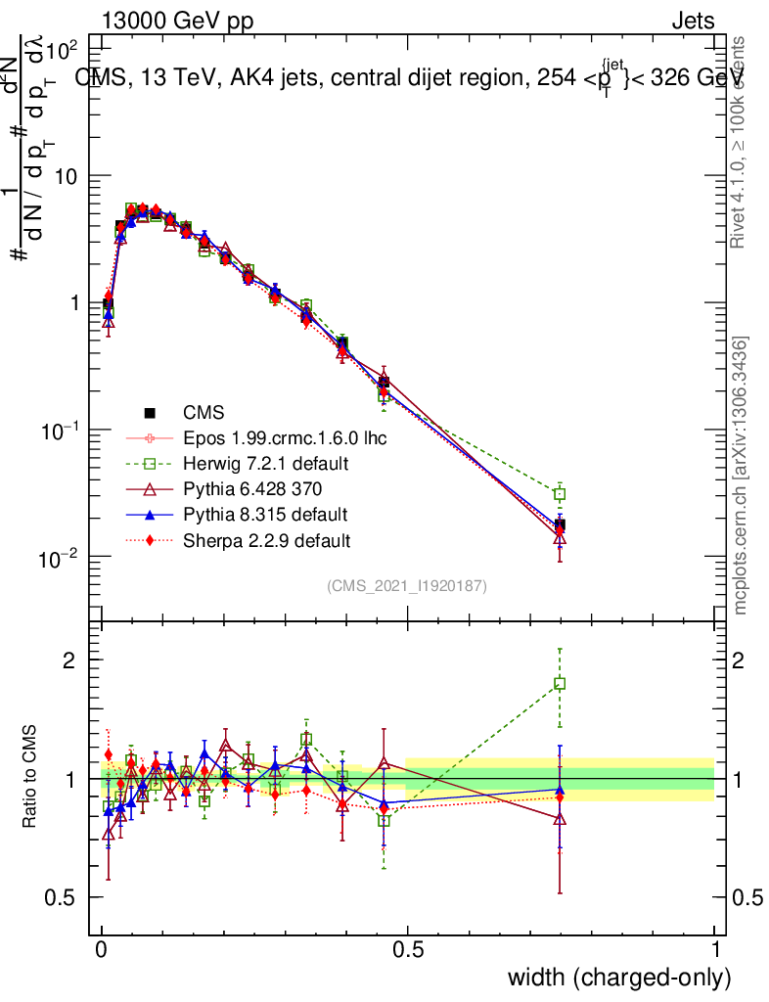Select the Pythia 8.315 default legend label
coord(265,514)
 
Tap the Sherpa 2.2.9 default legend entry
coord(267,539)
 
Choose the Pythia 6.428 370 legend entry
coord(252,488)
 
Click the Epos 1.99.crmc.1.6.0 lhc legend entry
coord(285,437)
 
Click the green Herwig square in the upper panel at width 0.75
coord(560,494)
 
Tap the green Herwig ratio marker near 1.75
coord(560,684)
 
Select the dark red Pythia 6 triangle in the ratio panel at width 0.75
coord(560,819)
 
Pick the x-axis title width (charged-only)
coord(619,978)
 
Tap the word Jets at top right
coord(693,22)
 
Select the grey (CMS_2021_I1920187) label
coord(407,586)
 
